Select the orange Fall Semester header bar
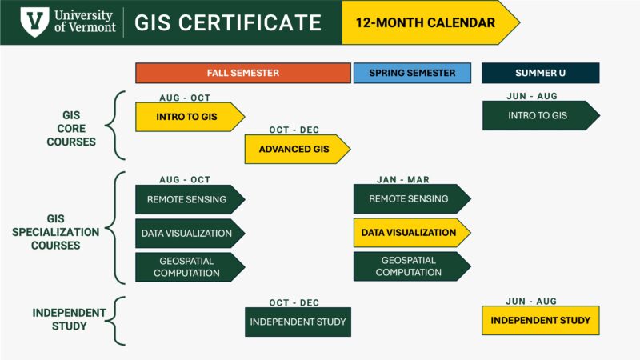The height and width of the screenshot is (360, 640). click(x=243, y=73)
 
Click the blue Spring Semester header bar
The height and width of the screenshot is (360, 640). click(x=412, y=73)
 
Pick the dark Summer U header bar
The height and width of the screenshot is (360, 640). click(x=540, y=73)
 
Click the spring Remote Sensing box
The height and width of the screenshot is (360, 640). click(x=409, y=199)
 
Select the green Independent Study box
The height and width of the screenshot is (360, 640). click(x=298, y=322)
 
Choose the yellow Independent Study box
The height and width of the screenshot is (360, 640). click(x=540, y=321)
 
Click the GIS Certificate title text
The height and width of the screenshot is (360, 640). click(x=228, y=22)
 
